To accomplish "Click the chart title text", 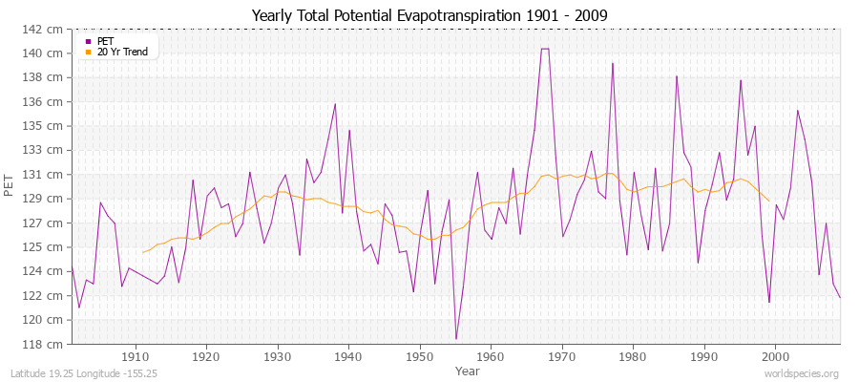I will pyautogui.click(x=429, y=15).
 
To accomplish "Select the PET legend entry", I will pyautogui.click(x=105, y=41).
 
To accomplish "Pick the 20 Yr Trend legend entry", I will pyautogui.click(x=121, y=52).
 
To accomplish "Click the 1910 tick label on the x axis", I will pyautogui.click(x=135, y=356).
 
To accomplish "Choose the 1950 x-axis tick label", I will pyautogui.click(x=419, y=356).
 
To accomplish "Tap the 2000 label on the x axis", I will pyautogui.click(x=775, y=356).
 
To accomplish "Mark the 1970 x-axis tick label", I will pyautogui.click(x=561, y=356).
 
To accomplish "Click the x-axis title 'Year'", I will pyautogui.click(x=468, y=370).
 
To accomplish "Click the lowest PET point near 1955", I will pyautogui.click(x=456, y=339).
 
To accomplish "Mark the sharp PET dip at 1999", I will pyautogui.click(x=768, y=303).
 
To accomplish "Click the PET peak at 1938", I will pyautogui.click(x=335, y=104).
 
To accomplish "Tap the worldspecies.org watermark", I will pyautogui.click(x=802, y=373).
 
